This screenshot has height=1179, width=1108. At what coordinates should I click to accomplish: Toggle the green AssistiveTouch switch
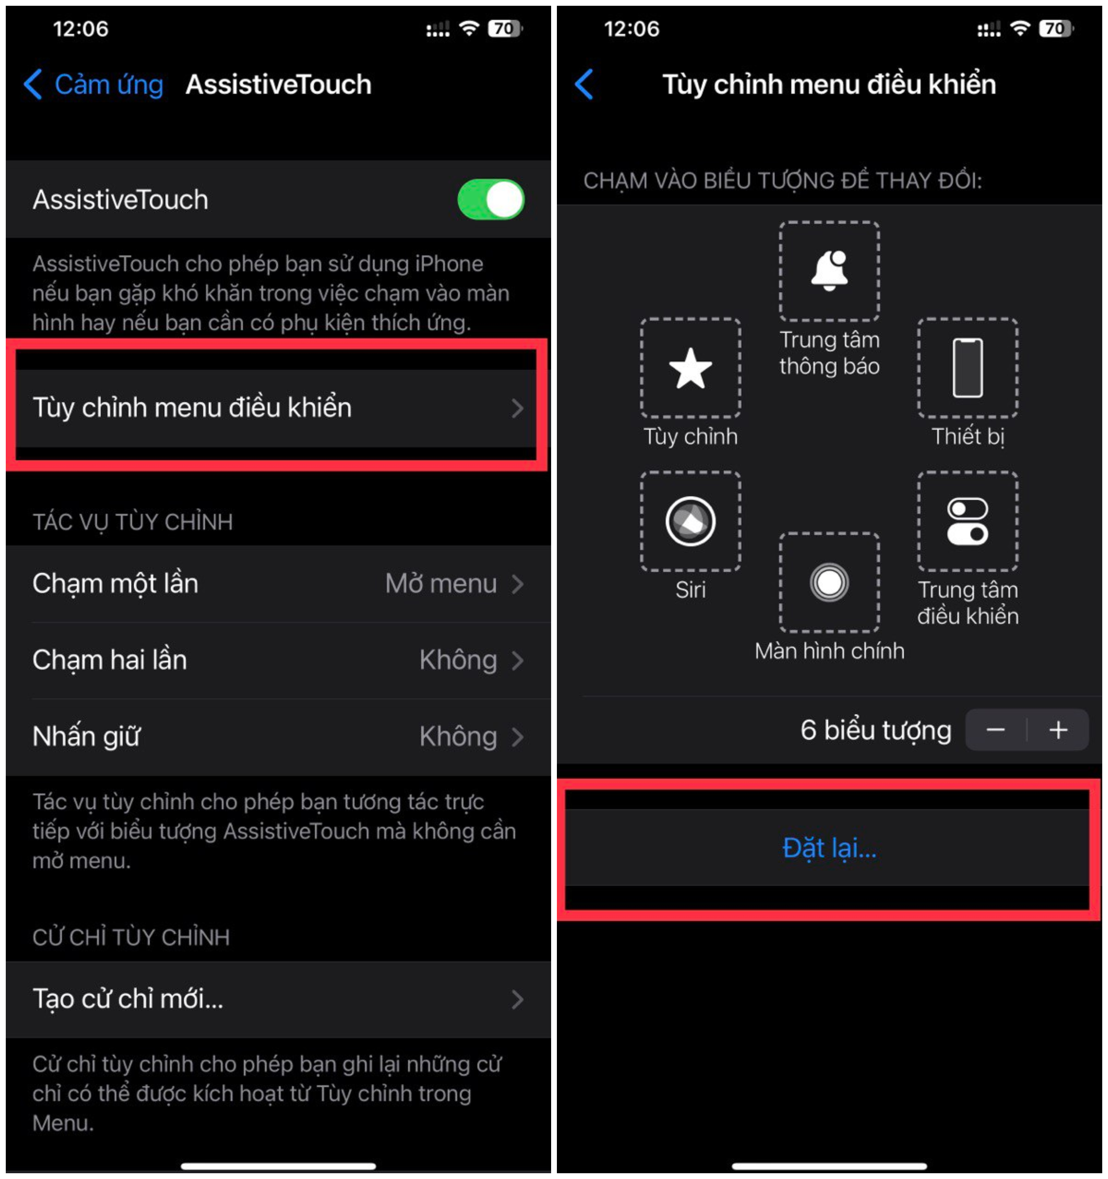(x=490, y=199)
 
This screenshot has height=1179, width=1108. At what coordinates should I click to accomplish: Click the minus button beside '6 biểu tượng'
(x=995, y=730)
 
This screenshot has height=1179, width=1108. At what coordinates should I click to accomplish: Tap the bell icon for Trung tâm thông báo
(x=829, y=271)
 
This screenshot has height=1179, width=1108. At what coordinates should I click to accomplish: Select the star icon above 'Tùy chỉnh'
(x=691, y=368)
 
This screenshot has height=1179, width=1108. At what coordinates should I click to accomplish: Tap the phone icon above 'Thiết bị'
(x=968, y=368)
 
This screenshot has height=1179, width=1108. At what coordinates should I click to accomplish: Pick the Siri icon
(x=691, y=521)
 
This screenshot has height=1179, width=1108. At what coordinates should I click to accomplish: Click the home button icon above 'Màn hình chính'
(x=829, y=582)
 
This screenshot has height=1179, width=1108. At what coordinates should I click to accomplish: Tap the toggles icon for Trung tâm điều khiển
(x=968, y=521)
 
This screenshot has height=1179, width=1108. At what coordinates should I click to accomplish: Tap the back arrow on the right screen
(x=584, y=84)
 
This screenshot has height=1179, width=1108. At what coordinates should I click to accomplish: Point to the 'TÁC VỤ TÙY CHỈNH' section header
(x=133, y=522)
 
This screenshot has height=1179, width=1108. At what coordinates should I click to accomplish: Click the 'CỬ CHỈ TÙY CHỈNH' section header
(x=131, y=937)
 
